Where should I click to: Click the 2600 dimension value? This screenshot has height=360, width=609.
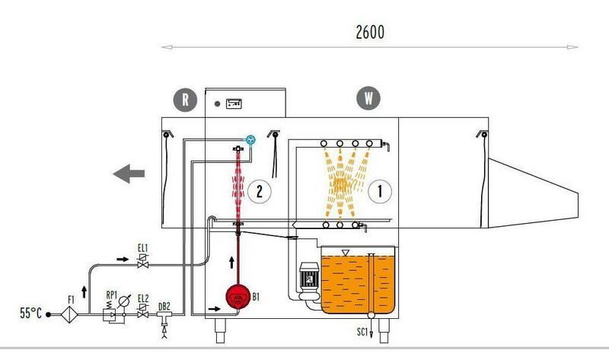tap(370, 32)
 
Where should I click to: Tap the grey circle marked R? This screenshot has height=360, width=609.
tap(185, 100)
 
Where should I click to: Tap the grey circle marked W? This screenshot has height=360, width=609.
tap(368, 98)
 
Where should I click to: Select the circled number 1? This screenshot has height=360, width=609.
tap(379, 191)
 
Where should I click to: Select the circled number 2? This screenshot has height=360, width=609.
tap(259, 191)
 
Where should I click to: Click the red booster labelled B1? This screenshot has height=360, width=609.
tap(238, 297)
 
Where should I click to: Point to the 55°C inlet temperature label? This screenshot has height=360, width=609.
tap(30, 313)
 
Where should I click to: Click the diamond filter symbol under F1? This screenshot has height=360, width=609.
tap(70, 314)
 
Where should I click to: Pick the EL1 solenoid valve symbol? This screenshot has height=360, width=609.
tap(143, 261)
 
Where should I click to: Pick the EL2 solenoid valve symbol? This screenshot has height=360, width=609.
tap(143, 311)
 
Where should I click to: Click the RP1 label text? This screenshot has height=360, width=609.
tap(111, 295)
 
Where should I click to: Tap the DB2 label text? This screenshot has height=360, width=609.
tap(164, 307)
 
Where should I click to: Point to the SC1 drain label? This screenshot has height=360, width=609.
tap(362, 332)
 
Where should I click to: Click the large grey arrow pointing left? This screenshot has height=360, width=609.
tap(129, 174)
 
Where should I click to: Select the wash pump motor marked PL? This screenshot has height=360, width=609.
tap(309, 278)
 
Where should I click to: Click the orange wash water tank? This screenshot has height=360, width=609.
tap(358, 284)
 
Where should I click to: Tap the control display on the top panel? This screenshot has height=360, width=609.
tap(234, 104)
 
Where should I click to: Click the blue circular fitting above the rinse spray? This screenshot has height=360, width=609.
tap(250, 140)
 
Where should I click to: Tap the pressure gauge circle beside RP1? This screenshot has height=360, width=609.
tap(124, 301)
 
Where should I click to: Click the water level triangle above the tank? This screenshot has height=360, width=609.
tap(345, 253)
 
